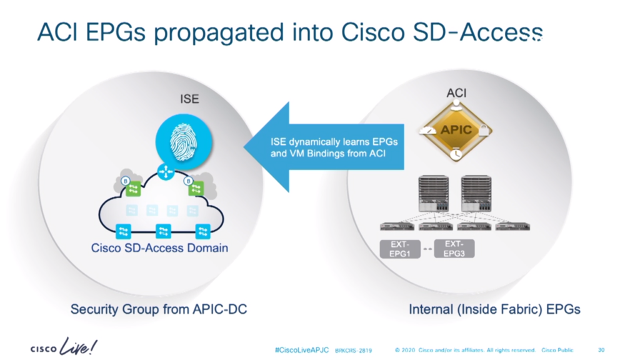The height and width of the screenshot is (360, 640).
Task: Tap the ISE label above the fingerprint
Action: (189, 99)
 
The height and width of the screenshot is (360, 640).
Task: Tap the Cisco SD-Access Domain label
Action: (159, 248)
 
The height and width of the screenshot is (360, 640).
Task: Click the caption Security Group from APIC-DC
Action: (159, 309)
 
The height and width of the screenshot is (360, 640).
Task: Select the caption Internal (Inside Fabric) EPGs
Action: (494, 309)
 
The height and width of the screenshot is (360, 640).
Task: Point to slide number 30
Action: (601, 350)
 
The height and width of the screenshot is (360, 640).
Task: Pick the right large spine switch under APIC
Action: (477, 193)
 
